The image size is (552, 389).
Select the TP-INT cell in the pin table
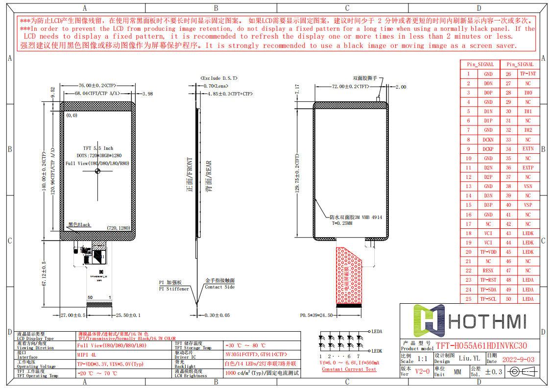[x=528, y=74]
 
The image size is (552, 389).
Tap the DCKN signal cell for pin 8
[x=488, y=140]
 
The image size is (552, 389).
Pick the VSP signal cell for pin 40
[x=528, y=205]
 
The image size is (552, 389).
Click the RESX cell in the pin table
[x=488, y=270]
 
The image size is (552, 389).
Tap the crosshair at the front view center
[x=97, y=171]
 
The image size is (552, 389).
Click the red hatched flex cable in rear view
[x=349, y=274]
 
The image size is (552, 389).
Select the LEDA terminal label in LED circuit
[x=377, y=331]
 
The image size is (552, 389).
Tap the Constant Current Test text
[x=349, y=369]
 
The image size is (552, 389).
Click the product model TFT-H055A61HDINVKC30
[x=481, y=346]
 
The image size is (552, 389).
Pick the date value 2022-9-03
[x=518, y=359]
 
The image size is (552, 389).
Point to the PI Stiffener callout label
[x=174, y=289]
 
